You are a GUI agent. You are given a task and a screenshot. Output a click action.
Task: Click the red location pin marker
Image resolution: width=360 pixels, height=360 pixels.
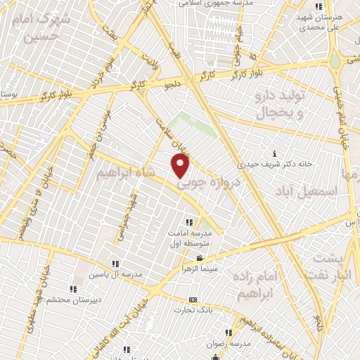coord(181,165)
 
